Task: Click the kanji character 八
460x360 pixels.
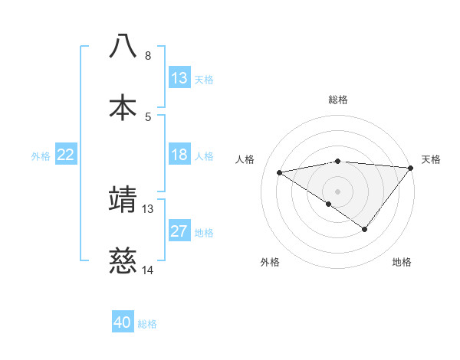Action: point(123,45)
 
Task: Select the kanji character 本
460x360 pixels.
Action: point(123,107)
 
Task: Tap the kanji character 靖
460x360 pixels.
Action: point(123,198)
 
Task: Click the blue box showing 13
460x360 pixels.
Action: point(179,78)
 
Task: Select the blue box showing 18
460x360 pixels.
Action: point(179,155)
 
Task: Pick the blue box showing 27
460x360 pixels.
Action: point(179,231)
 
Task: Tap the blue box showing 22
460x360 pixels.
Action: point(65,155)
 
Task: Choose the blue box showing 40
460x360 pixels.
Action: point(123,322)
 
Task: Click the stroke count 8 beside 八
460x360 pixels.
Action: point(148,56)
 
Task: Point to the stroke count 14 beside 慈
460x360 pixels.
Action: point(148,270)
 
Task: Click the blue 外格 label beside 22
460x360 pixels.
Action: point(41,155)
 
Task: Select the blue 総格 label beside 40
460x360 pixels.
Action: point(147,323)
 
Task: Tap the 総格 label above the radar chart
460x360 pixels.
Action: point(337,100)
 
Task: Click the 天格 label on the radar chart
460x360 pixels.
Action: point(431,159)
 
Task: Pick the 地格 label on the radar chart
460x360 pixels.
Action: point(402,262)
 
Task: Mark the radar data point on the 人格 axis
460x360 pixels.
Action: point(280,172)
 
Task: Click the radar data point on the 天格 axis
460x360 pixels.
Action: point(410,168)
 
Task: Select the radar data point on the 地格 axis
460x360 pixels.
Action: point(365,229)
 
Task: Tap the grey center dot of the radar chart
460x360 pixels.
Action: point(337,191)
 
